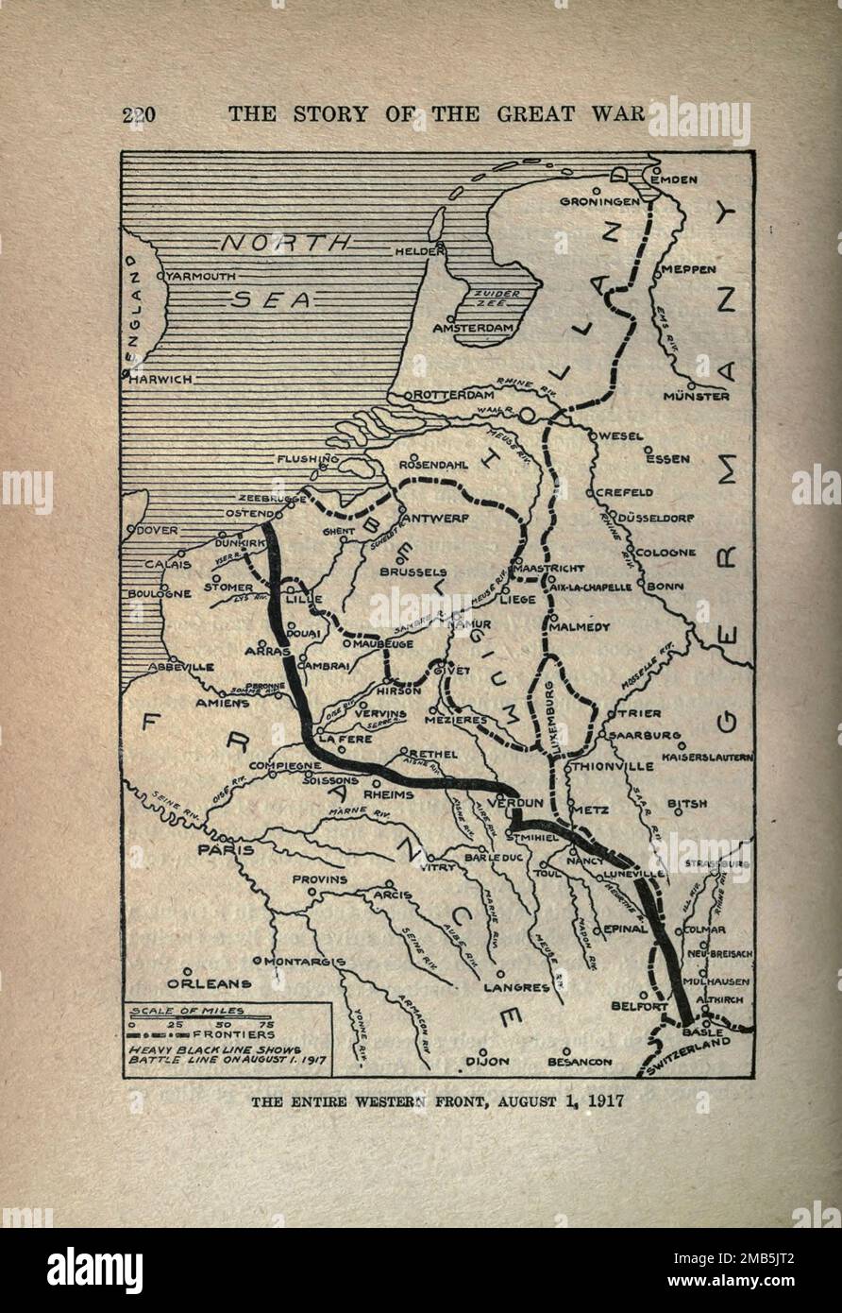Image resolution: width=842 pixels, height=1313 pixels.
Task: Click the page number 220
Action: [138, 114]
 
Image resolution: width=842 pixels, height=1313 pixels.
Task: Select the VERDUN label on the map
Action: [515, 803]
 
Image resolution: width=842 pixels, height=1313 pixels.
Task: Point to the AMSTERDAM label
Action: [473, 328]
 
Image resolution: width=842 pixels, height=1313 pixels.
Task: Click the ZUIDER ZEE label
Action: [497, 299]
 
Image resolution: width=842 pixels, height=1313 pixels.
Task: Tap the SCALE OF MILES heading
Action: [186, 1011]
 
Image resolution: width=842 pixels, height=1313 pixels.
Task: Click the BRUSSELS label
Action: [413, 571]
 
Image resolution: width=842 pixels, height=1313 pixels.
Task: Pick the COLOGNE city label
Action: [665, 553]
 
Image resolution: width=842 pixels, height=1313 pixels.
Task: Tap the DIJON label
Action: [486, 1061]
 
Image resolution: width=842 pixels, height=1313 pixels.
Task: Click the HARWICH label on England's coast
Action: [161, 379]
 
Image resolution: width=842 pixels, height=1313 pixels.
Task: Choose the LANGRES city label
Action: [516, 987]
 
